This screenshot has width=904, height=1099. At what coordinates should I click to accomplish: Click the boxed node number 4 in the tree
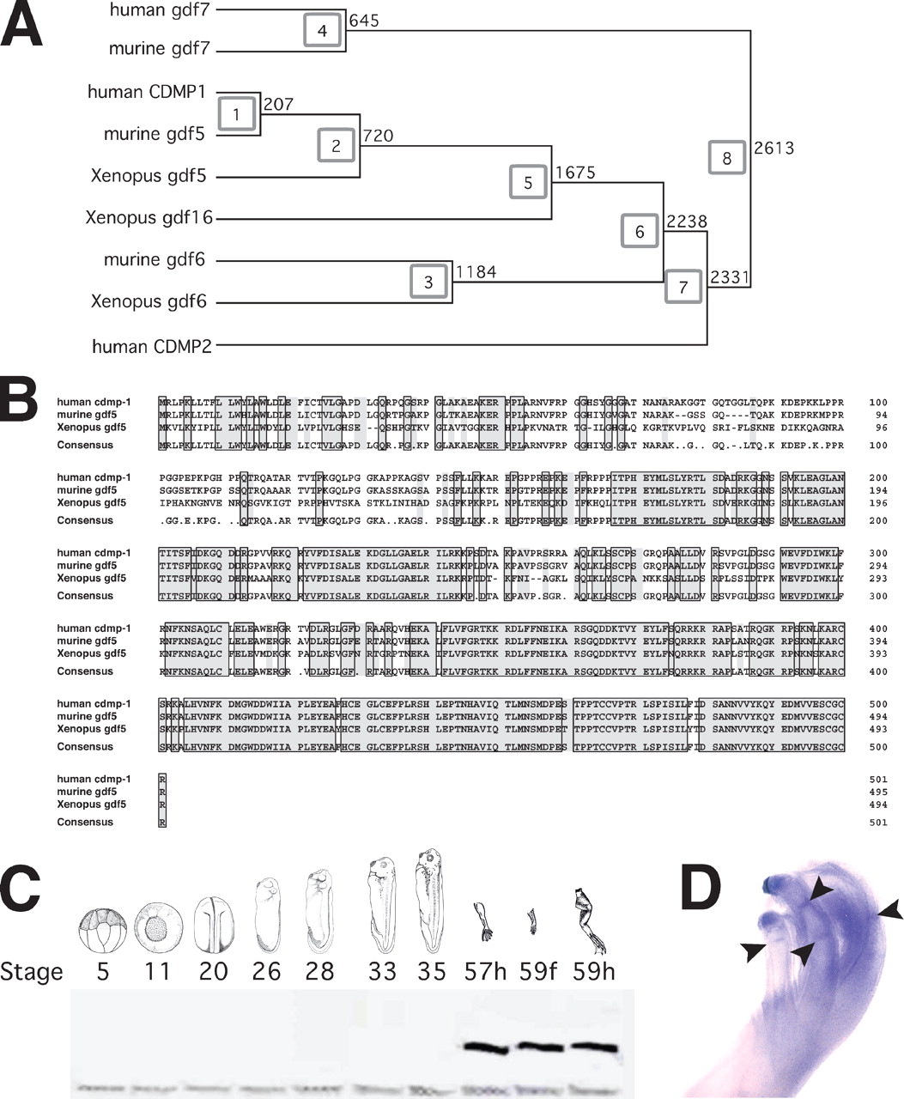click(x=323, y=32)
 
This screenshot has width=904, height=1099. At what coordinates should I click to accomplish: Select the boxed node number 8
click(x=727, y=158)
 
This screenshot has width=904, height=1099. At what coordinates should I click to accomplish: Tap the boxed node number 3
click(x=428, y=282)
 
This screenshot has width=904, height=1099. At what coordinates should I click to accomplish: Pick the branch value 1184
click(x=476, y=272)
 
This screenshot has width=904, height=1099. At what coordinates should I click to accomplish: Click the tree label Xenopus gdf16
click(x=149, y=218)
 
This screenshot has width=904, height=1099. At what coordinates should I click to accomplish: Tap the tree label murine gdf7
click(x=159, y=49)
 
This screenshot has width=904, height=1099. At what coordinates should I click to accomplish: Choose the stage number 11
click(x=159, y=971)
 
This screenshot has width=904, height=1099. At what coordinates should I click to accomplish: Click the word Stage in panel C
click(x=32, y=972)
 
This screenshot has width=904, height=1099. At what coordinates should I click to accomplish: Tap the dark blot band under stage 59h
click(x=593, y=1048)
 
